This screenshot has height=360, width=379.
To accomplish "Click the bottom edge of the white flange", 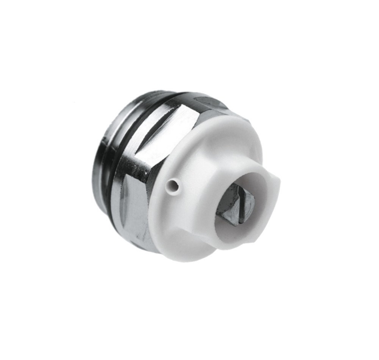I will [x=189, y=256].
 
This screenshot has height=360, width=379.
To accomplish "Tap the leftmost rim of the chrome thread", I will [x=95, y=175].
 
